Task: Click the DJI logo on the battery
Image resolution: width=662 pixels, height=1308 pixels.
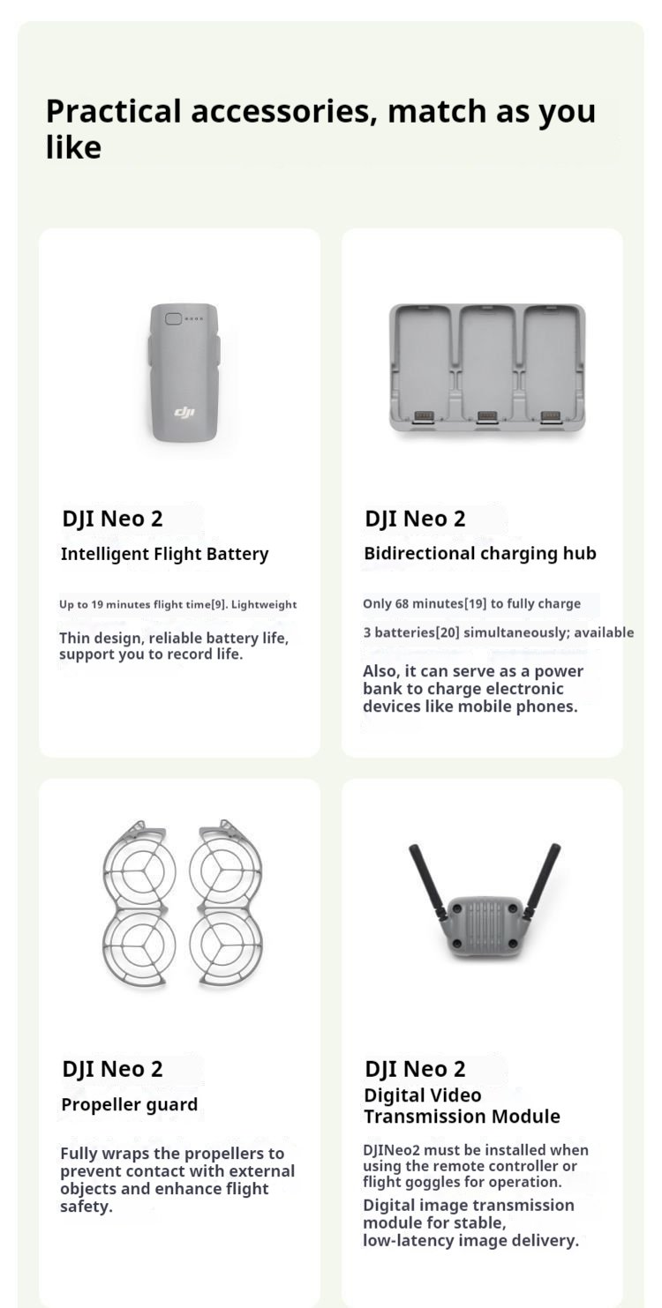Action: tap(184, 412)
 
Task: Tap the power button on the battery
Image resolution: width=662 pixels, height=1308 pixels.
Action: tap(173, 318)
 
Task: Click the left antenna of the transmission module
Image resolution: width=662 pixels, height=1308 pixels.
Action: tap(428, 879)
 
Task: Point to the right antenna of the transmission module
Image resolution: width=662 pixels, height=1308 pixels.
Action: tap(542, 879)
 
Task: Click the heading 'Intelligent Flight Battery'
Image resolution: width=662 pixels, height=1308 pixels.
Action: tap(164, 554)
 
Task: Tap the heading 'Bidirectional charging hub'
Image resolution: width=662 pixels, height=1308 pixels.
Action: tap(480, 554)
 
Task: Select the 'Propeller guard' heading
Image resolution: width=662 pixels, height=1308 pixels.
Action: tap(129, 1104)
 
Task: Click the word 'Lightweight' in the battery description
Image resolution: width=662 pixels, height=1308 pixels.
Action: tap(264, 605)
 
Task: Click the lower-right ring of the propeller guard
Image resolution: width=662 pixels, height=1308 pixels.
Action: tap(227, 942)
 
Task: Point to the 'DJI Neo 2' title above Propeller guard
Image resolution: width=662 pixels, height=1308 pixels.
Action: tap(112, 1069)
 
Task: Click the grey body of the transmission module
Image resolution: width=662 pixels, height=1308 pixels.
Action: tap(485, 926)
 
